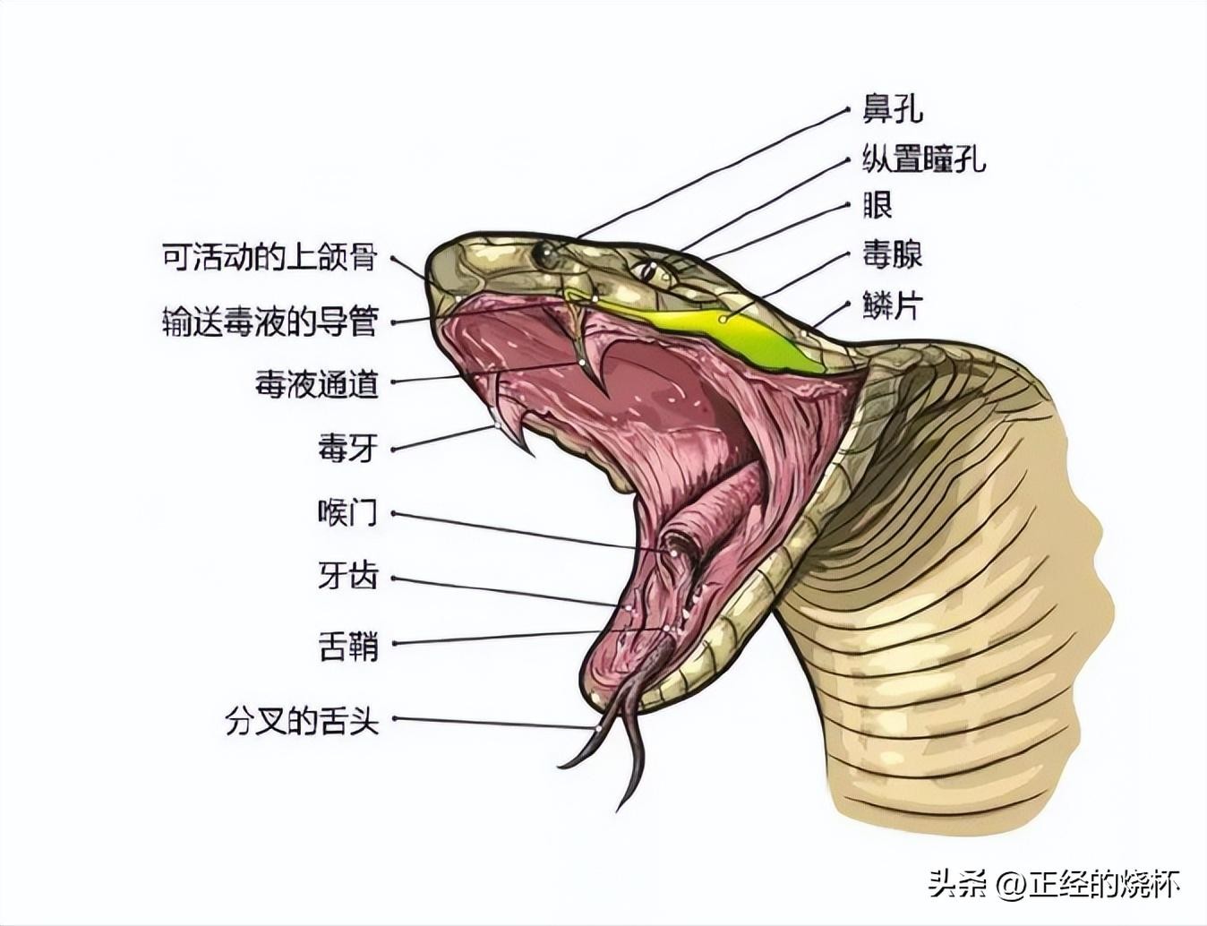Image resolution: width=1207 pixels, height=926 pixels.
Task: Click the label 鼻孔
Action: click(x=892, y=109)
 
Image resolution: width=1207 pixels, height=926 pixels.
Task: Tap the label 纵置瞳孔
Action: click(x=924, y=158)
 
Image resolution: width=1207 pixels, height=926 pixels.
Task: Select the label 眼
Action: click(x=877, y=206)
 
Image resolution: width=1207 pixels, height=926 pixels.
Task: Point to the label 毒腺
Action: click(x=892, y=255)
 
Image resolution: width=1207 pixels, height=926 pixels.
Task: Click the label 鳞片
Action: click(x=892, y=304)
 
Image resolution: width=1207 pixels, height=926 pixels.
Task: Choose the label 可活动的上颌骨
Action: click(x=270, y=257)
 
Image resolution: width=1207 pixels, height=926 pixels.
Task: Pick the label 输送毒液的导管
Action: click(x=270, y=322)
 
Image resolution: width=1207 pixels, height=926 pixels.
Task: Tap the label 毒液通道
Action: click(x=316, y=383)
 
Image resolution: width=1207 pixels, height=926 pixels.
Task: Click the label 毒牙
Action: click(x=347, y=448)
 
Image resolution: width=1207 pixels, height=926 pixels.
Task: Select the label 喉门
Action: click(x=347, y=512)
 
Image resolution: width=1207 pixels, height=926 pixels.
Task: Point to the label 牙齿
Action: click(x=347, y=577)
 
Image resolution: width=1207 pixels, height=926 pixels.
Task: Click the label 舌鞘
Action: click(x=347, y=645)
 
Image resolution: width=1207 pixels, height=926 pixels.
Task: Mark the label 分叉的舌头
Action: click(x=302, y=721)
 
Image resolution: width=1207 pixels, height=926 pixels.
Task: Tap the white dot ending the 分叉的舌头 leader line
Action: click(x=599, y=728)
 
